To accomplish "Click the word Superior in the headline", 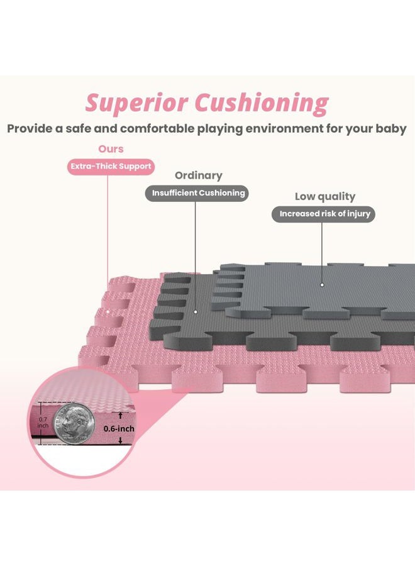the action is (137, 103).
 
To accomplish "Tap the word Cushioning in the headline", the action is (262, 104).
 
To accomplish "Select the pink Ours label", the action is (111, 148).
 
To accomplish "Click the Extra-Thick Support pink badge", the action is (111, 167).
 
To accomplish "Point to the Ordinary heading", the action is (199, 175).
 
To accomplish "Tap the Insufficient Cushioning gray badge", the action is (197, 193).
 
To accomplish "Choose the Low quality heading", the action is (325, 196).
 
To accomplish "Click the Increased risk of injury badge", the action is (323, 214).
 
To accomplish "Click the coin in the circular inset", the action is (74, 424).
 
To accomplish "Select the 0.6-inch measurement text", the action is (119, 428).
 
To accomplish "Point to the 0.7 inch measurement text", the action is (43, 423).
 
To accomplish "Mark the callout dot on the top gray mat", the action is (323, 285).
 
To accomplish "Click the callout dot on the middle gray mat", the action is (196, 312).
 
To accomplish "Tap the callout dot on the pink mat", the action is (108, 311).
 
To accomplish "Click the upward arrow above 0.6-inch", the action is (121, 416).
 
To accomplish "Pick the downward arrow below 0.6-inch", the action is (121, 440).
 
